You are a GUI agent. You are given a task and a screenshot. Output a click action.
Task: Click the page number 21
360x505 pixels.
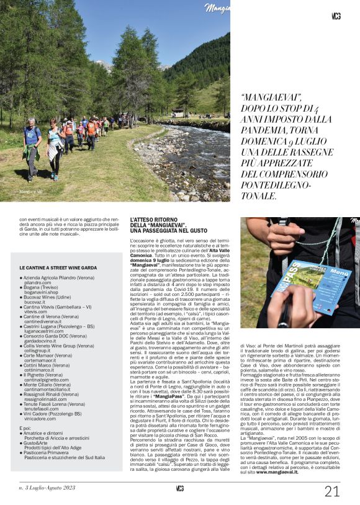(332, 491)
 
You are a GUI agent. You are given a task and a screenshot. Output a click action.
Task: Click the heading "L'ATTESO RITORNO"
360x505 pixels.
(153, 220)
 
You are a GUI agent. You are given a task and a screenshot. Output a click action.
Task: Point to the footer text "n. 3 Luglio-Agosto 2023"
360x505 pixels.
(47, 488)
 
